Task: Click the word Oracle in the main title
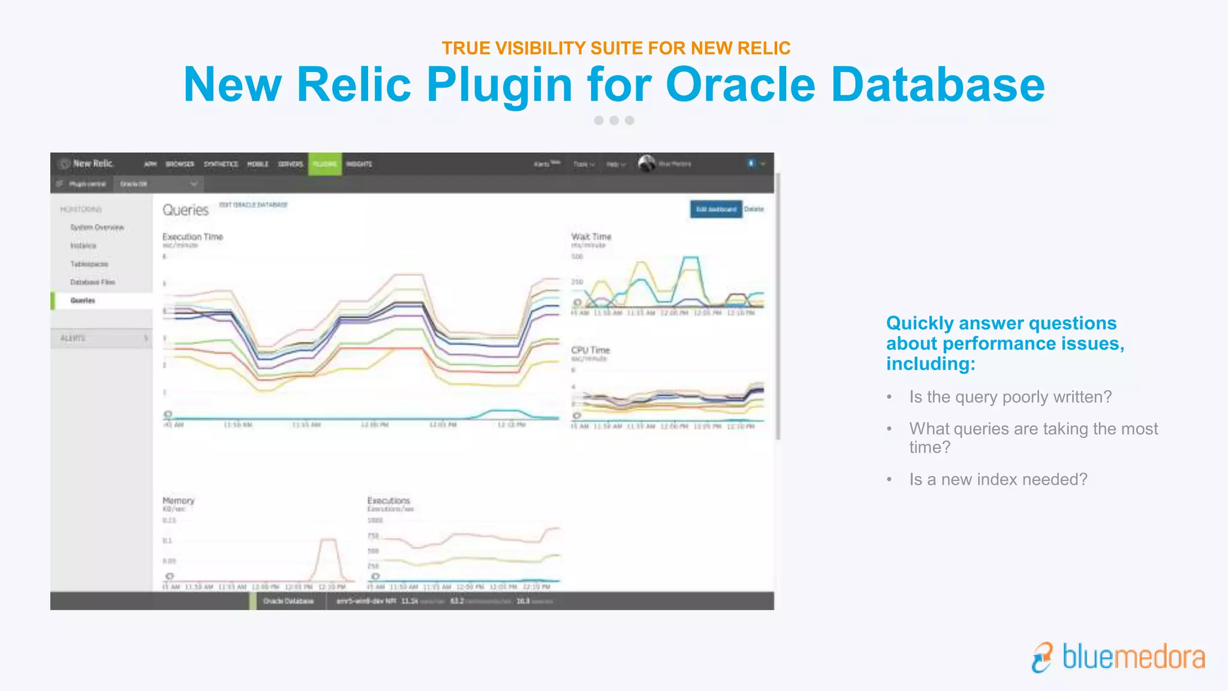click(740, 85)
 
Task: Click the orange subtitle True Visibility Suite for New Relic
click(616, 48)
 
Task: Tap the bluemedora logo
click(1118, 657)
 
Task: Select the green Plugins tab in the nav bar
click(325, 164)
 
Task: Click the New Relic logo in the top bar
click(87, 163)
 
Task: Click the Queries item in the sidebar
click(83, 301)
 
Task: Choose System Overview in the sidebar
click(97, 227)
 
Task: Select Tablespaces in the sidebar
click(89, 264)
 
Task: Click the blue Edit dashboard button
click(716, 209)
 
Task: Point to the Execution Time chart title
click(192, 237)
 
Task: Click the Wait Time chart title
click(591, 237)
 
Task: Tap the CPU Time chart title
click(590, 350)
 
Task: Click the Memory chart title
click(178, 500)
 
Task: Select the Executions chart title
click(389, 500)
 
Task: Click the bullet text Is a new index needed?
click(998, 479)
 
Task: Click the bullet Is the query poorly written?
click(1010, 397)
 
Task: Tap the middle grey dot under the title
click(614, 121)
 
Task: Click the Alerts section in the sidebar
click(73, 338)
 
